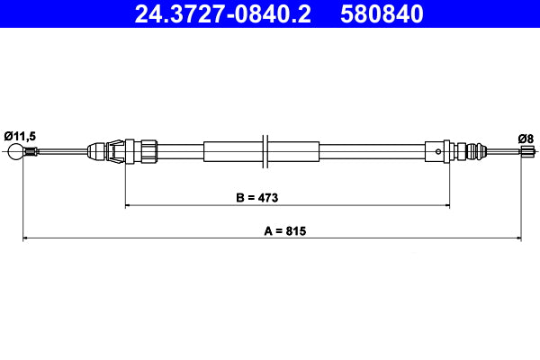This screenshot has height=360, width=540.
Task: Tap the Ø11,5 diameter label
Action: pos(20,135)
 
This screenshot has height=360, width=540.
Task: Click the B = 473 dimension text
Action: pos(287,196)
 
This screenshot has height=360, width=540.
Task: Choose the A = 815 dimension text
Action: pos(286,230)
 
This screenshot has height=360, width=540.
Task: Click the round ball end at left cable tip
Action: pos(13,151)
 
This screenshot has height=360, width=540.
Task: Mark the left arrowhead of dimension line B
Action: pos(128,206)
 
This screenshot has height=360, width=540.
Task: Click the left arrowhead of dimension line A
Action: pos(26,238)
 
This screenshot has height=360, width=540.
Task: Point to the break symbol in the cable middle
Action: pos(264,150)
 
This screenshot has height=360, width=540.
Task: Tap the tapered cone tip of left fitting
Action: pos(94,150)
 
